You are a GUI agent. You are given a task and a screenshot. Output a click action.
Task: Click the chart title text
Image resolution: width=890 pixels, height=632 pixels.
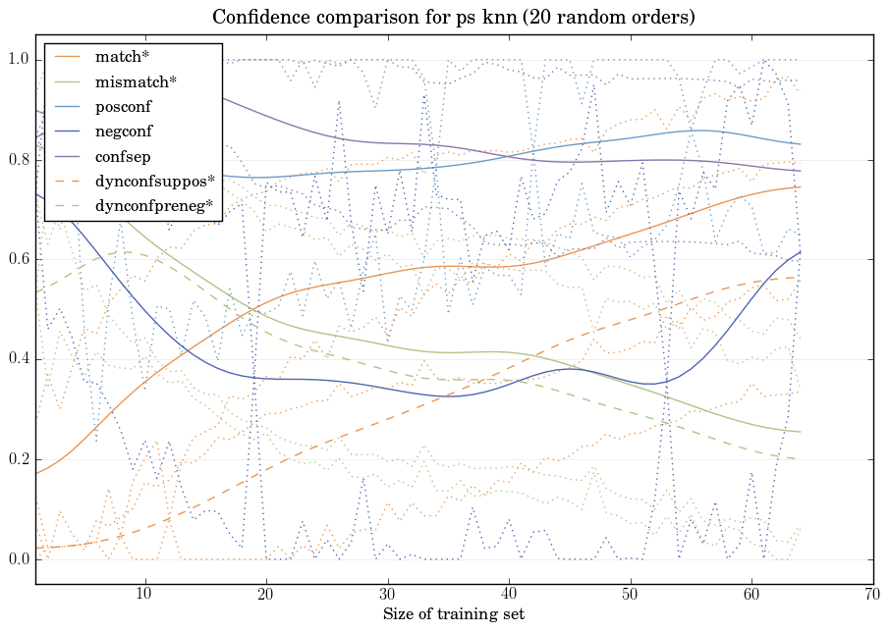tap(454, 18)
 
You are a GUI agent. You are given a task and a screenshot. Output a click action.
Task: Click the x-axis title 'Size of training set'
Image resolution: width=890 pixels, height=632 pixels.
tap(454, 614)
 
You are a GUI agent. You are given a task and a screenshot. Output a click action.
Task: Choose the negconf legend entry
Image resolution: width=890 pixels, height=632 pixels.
tap(123, 130)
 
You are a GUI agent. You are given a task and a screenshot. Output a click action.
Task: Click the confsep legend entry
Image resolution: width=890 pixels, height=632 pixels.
tap(122, 155)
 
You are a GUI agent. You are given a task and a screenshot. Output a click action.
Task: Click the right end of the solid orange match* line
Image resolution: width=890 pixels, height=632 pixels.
tap(801, 186)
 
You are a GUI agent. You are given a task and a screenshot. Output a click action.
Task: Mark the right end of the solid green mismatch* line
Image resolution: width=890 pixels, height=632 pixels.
tap(801, 432)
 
